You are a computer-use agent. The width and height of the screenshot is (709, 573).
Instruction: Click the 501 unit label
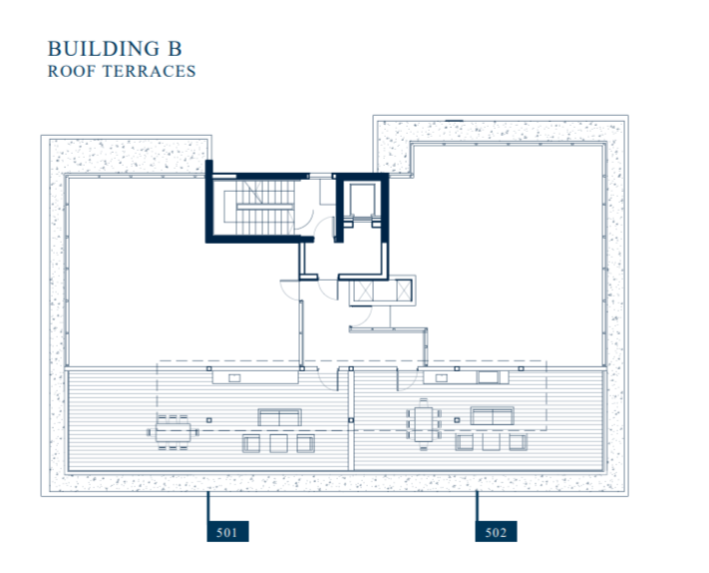tap(225, 532)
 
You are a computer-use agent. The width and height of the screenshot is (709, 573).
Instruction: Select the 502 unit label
tap(496, 532)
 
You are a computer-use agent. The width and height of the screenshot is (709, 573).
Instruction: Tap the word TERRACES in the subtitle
tap(149, 72)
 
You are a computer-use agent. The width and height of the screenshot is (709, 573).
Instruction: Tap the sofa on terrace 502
tap(493, 416)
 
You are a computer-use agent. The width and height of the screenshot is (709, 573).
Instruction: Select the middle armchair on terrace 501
tap(279, 443)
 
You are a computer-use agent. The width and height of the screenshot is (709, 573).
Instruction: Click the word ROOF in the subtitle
tap(70, 72)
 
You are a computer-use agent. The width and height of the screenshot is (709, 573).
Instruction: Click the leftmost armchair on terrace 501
tap(252, 443)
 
